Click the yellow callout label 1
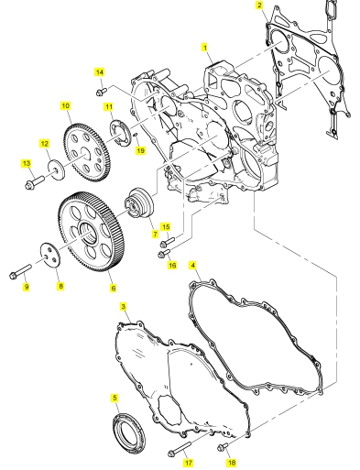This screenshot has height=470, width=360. [205, 48]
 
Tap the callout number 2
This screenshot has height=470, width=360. [259, 5]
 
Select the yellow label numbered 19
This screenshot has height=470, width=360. [140, 150]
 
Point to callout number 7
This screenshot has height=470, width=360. [155, 234]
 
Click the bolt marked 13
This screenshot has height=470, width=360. [34, 182]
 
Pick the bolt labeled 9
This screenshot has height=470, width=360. [20, 271]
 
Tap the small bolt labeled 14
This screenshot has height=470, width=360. [101, 92]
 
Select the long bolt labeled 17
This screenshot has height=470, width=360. [180, 448]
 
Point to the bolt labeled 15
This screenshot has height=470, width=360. [167, 242]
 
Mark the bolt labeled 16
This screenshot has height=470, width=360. [164, 253]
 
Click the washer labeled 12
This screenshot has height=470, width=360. [56, 169]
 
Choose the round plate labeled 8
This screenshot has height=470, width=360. [50, 256]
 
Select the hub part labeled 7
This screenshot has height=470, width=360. [140, 205]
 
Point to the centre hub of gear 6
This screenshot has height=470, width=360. [89, 232]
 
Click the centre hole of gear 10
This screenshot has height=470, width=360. [85, 153]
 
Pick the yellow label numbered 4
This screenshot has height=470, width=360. [192, 266]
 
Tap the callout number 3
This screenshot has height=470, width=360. [124, 306]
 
